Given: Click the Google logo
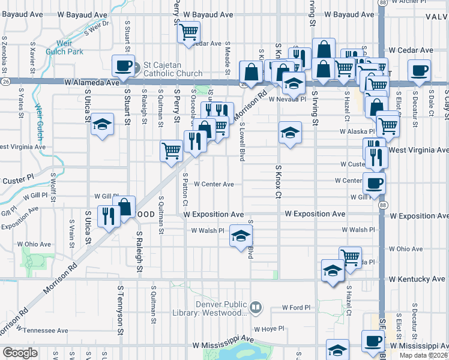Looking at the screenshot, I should [x=20, y=353].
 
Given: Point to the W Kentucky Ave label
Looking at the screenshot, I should [x=417, y=280].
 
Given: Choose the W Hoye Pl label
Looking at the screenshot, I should [x=268, y=329].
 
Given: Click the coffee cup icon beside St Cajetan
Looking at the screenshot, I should [x=124, y=66].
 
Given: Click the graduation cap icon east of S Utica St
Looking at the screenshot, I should [x=103, y=125].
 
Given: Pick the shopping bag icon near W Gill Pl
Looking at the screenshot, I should [x=125, y=207].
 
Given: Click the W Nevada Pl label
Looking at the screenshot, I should [x=287, y=100].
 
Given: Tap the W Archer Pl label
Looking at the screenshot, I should [x=427, y=2].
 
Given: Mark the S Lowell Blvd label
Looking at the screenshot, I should [x=242, y=145].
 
